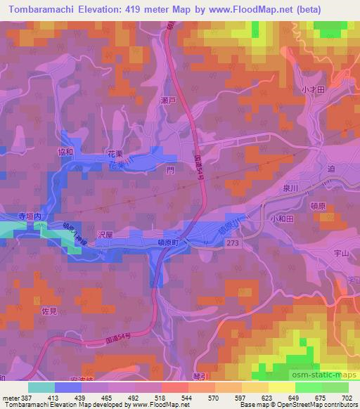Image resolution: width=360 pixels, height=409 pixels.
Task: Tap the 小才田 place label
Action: [x=312, y=90]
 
